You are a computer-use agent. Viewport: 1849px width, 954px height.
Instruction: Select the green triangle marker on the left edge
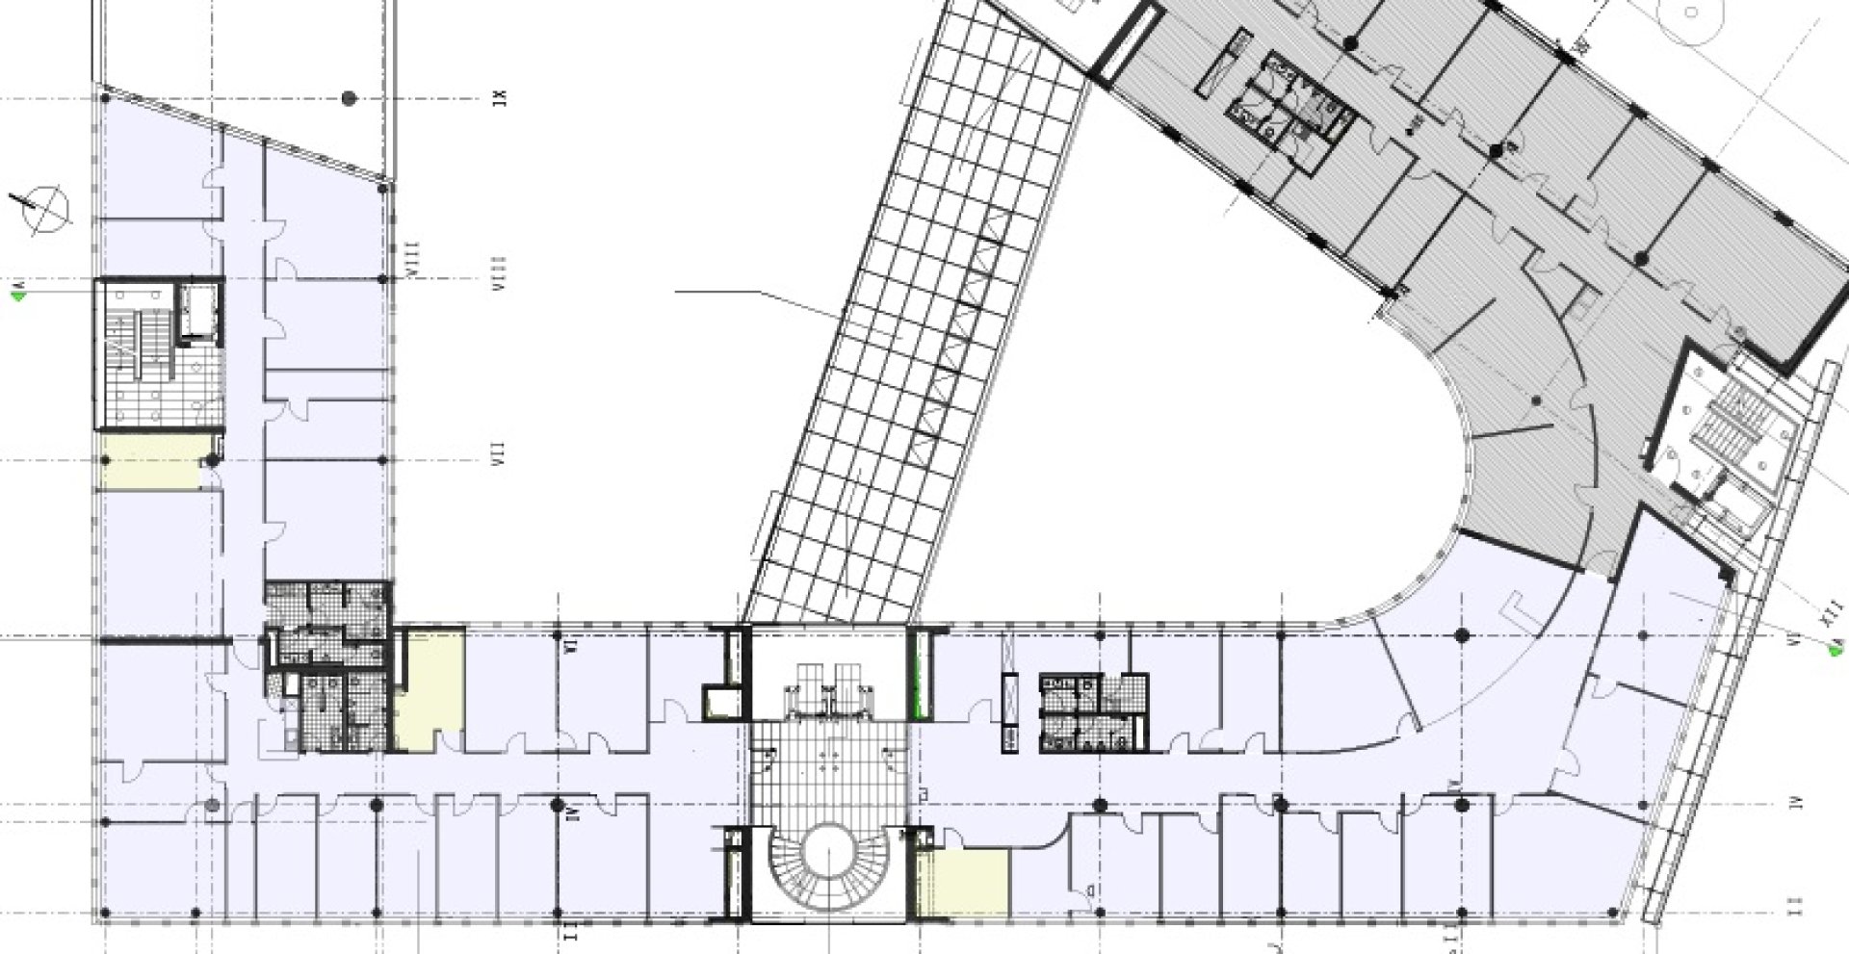tap(16, 296)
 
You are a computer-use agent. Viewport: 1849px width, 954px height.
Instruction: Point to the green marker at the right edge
tap(1837, 651)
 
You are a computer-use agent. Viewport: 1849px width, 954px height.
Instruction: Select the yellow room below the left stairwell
tap(149, 462)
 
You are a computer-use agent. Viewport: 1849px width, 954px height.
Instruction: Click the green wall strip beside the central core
tap(920, 674)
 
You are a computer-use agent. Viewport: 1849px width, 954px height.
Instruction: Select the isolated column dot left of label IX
tap(350, 98)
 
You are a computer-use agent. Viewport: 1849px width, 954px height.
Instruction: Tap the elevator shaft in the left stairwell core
tap(198, 310)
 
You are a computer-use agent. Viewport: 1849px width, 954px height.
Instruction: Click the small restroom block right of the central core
tap(1093, 712)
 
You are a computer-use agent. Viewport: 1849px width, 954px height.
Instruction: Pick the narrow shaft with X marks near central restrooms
tap(1010, 712)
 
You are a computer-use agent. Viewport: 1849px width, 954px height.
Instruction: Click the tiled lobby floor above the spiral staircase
tap(828, 775)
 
